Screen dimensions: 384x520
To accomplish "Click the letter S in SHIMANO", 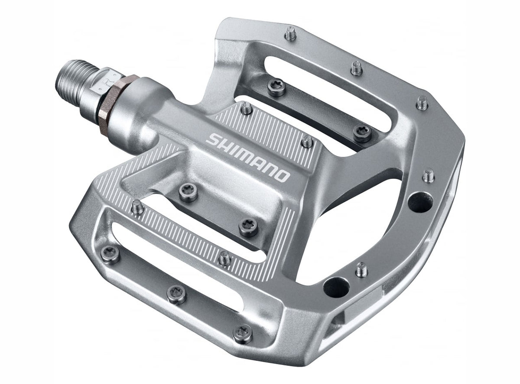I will pos(212,140).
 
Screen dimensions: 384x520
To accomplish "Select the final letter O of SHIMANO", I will pos(282,175).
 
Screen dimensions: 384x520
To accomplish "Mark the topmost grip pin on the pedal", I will pos(290,33).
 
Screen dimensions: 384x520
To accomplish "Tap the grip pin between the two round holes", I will pos(362,269).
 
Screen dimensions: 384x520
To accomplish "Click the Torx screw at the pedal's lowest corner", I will pos(242,333).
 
